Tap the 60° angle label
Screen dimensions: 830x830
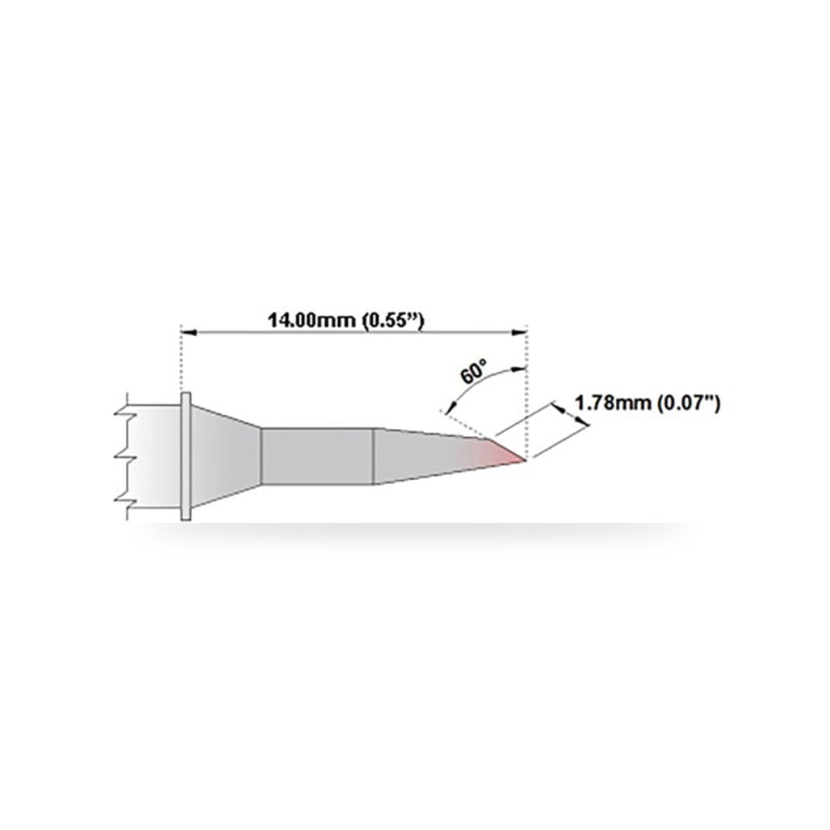pos(473,372)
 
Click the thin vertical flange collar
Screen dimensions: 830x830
pos(186,456)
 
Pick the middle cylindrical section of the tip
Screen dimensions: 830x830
pos(318,456)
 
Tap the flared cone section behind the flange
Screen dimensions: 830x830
pos(226,456)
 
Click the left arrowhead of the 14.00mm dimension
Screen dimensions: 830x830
pos(189,333)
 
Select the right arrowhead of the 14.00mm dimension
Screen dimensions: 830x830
pos(520,333)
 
